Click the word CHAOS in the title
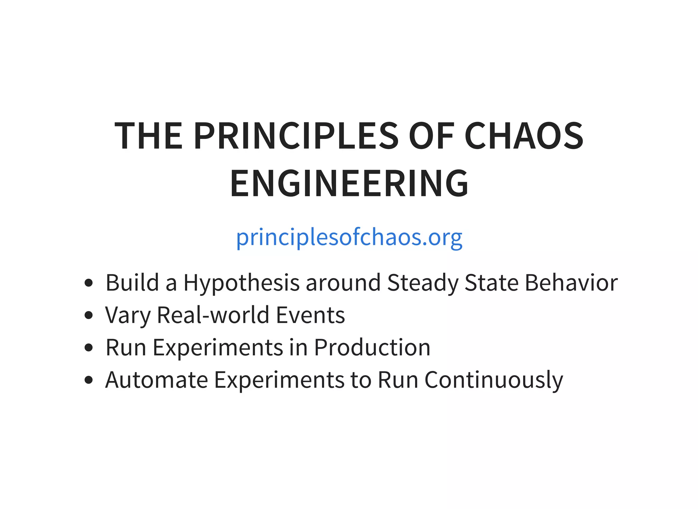point(524,136)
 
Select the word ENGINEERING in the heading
point(349,184)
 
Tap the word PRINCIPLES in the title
point(296,136)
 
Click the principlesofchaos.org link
point(349,237)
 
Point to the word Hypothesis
point(241,283)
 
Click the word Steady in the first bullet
point(423,283)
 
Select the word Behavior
point(571,282)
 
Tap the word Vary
point(127,315)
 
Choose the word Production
point(372,347)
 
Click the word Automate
point(157,380)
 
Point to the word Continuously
point(494,380)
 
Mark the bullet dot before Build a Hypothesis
point(89,283)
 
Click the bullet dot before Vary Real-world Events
point(89,315)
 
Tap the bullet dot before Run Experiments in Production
point(89,348)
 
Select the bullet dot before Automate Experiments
point(89,380)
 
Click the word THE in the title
point(149,136)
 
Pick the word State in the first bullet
point(491,282)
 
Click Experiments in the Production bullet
point(218,348)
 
